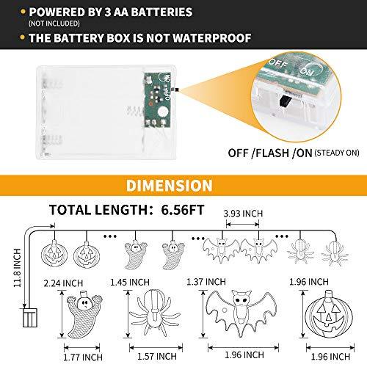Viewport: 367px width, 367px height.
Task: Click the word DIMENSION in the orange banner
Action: coord(169,185)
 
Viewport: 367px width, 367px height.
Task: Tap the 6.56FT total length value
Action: coord(183,210)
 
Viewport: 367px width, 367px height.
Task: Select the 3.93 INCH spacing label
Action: coord(243,214)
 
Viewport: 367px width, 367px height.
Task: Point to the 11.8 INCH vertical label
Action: coord(17,268)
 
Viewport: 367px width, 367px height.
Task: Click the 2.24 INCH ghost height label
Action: coord(63,283)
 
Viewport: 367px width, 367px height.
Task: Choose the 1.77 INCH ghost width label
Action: coord(83,357)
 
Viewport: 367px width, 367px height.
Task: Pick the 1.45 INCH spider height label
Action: coord(130,282)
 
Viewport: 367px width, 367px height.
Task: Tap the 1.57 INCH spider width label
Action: coord(157,356)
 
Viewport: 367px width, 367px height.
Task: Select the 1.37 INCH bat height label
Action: coord(206,282)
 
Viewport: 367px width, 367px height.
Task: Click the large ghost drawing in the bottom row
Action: coord(84,315)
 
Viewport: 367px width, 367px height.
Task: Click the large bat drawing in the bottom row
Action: coord(241,313)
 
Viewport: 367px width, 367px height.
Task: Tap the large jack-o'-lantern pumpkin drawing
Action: coord(329,314)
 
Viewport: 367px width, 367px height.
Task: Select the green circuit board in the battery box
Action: coord(157,100)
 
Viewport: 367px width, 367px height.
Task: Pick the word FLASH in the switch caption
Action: coord(272,153)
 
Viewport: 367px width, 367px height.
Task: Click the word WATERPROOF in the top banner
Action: coord(212,38)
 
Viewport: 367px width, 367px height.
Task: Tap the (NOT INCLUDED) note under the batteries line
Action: coord(54,23)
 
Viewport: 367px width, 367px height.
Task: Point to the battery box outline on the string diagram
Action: coord(30,318)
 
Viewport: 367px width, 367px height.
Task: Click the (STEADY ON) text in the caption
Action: coord(337,153)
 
